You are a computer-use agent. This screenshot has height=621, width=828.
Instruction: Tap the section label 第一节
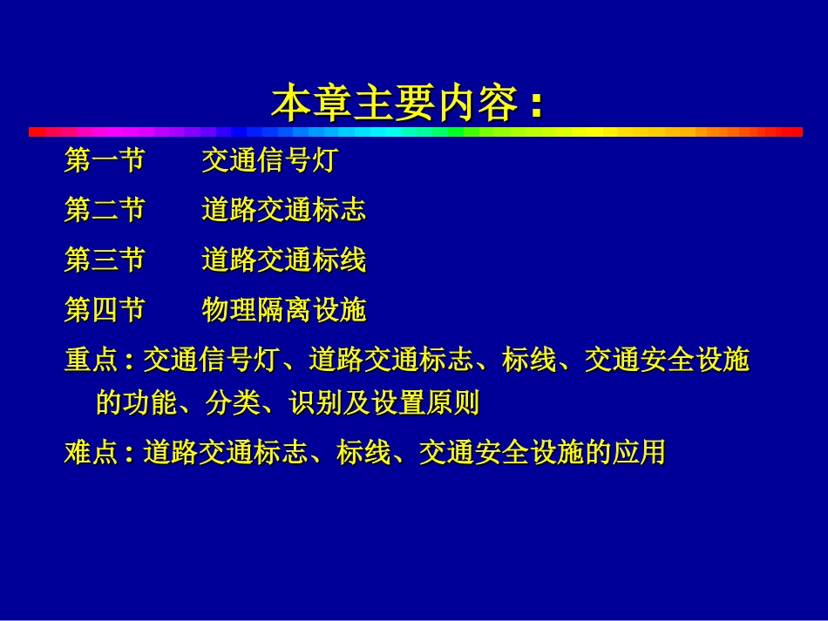click(x=104, y=161)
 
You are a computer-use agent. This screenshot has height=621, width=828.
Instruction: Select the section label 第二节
click(x=104, y=210)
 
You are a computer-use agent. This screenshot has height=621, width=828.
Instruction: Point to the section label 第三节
click(x=104, y=260)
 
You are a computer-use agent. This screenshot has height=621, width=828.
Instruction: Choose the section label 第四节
click(x=104, y=309)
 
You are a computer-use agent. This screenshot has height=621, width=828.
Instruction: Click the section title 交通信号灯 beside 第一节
click(x=268, y=161)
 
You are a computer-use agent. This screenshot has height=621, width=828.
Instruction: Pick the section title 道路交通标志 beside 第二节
click(x=283, y=210)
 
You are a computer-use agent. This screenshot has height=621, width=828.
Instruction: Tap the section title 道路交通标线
click(x=283, y=260)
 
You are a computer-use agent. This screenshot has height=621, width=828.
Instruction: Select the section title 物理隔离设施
click(x=283, y=309)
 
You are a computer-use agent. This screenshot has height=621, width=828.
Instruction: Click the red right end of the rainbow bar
click(x=789, y=132)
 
